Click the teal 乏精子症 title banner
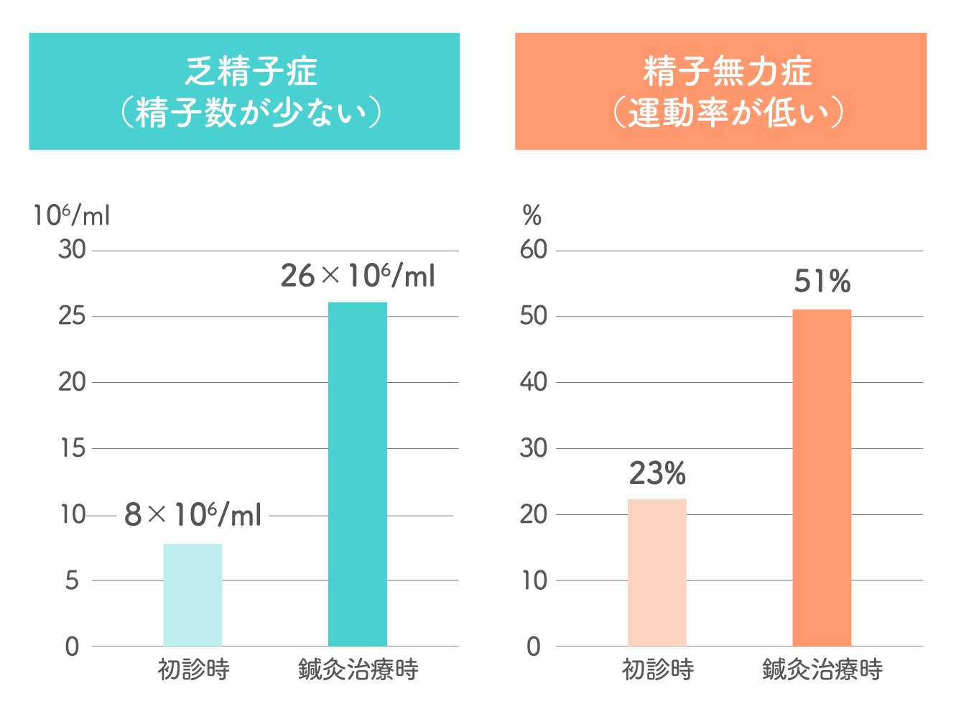(x=244, y=91)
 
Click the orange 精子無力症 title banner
(x=720, y=91)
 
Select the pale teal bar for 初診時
(x=192, y=595)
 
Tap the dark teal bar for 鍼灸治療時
(x=358, y=474)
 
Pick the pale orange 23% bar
(x=657, y=572)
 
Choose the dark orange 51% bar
(x=822, y=478)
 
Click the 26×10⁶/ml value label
(x=358, y=276)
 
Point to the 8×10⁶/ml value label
(x=192, y=515)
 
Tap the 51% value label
(x=822, y=282)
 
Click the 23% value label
(x=657, y=474)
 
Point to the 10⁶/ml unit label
(x=71, y=215)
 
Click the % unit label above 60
(x=532, y=215)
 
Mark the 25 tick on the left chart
(x=72, y=316)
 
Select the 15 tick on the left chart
(x=72, y=448)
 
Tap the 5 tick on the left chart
(x=72, y=580)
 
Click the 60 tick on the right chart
(x=534, y=250)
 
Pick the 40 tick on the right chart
(x=534, y=382)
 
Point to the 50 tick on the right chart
(x=534, y=316)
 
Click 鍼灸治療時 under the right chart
(x=822, y=670)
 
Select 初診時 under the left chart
(x=193, y=670)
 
